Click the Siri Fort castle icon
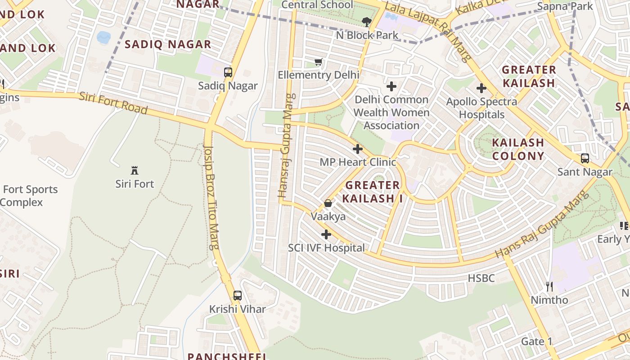(x=134, y=170)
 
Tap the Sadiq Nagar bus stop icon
(x=228, y=72)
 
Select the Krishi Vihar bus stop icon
(x=237, y=296)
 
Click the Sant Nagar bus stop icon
(x=585, y=158)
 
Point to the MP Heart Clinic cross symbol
(x=358, y=148)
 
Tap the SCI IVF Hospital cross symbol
(x=326, y=234)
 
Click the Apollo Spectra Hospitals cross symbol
(x=481, y=88)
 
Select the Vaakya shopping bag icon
(x=328, y=203)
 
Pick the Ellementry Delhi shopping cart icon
(x=319, y=62)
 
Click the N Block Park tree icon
(x=367, y=22)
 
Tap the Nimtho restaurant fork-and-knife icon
(x=549, y=286)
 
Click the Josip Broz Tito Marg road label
(x=211, y=197)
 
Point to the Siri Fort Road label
(x=113, y=103)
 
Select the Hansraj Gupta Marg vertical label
(x=287, y=146)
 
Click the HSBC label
(x=481, y=278)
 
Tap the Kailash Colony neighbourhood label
(x=518, y=149)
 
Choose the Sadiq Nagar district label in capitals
(x=168, y=44)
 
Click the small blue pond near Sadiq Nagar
(x=103, y=37)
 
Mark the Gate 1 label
(x=536, y=342)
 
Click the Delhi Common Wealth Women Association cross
(x=391, y=86)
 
